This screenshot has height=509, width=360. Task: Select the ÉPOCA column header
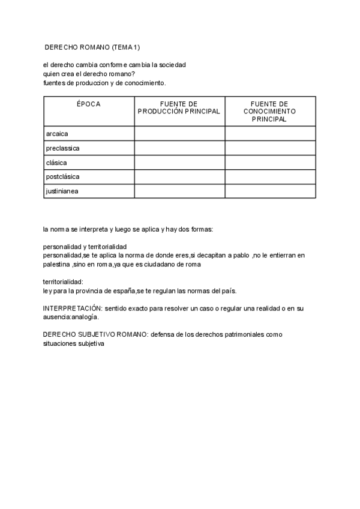pyautogui.click(x=89, y=104)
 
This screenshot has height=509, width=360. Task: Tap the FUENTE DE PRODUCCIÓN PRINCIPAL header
pyautogui.click(x=179, y=107)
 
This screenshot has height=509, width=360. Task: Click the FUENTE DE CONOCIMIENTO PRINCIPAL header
pyautogui.click(x=269, y=111)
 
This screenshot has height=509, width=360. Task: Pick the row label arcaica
pyautogui.click(x=56, y=133)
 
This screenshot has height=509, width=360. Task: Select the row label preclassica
pyautogui.click(x=62, y=148)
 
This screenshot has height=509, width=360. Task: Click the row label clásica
pyautogui.click(x=56, y=162)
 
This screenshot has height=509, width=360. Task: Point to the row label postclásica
pyautogui.click(x=62, y=176)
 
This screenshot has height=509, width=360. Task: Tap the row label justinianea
pyautogui.click(x=62, y=191)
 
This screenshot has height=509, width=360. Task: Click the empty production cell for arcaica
pyautogui.click(x=179, y=133)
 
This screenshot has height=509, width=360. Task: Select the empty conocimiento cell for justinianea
pyautogui.click(x=270, y=191)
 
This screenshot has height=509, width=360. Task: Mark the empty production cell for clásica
pyautogui.click(x=179, y=162)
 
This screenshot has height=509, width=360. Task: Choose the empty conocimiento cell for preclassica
pyautogui.click(x=270, y=148)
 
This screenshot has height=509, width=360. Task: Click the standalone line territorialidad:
pyautogui.click(x=63, y=282)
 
